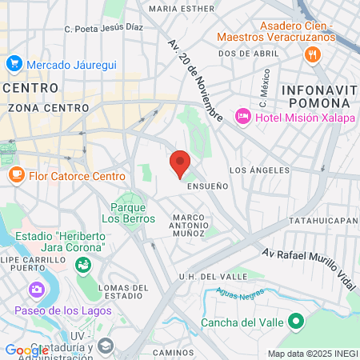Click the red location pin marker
click(180, 163)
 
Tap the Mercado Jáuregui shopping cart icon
click(14, 63)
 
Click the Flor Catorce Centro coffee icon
click(16, 175)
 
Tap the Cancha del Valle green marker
click(297, 322)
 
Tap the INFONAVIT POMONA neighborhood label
click(318, 95)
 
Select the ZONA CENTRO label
click(36, 106)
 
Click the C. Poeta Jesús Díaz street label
click(103, 27)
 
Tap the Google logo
click(26, 350)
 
